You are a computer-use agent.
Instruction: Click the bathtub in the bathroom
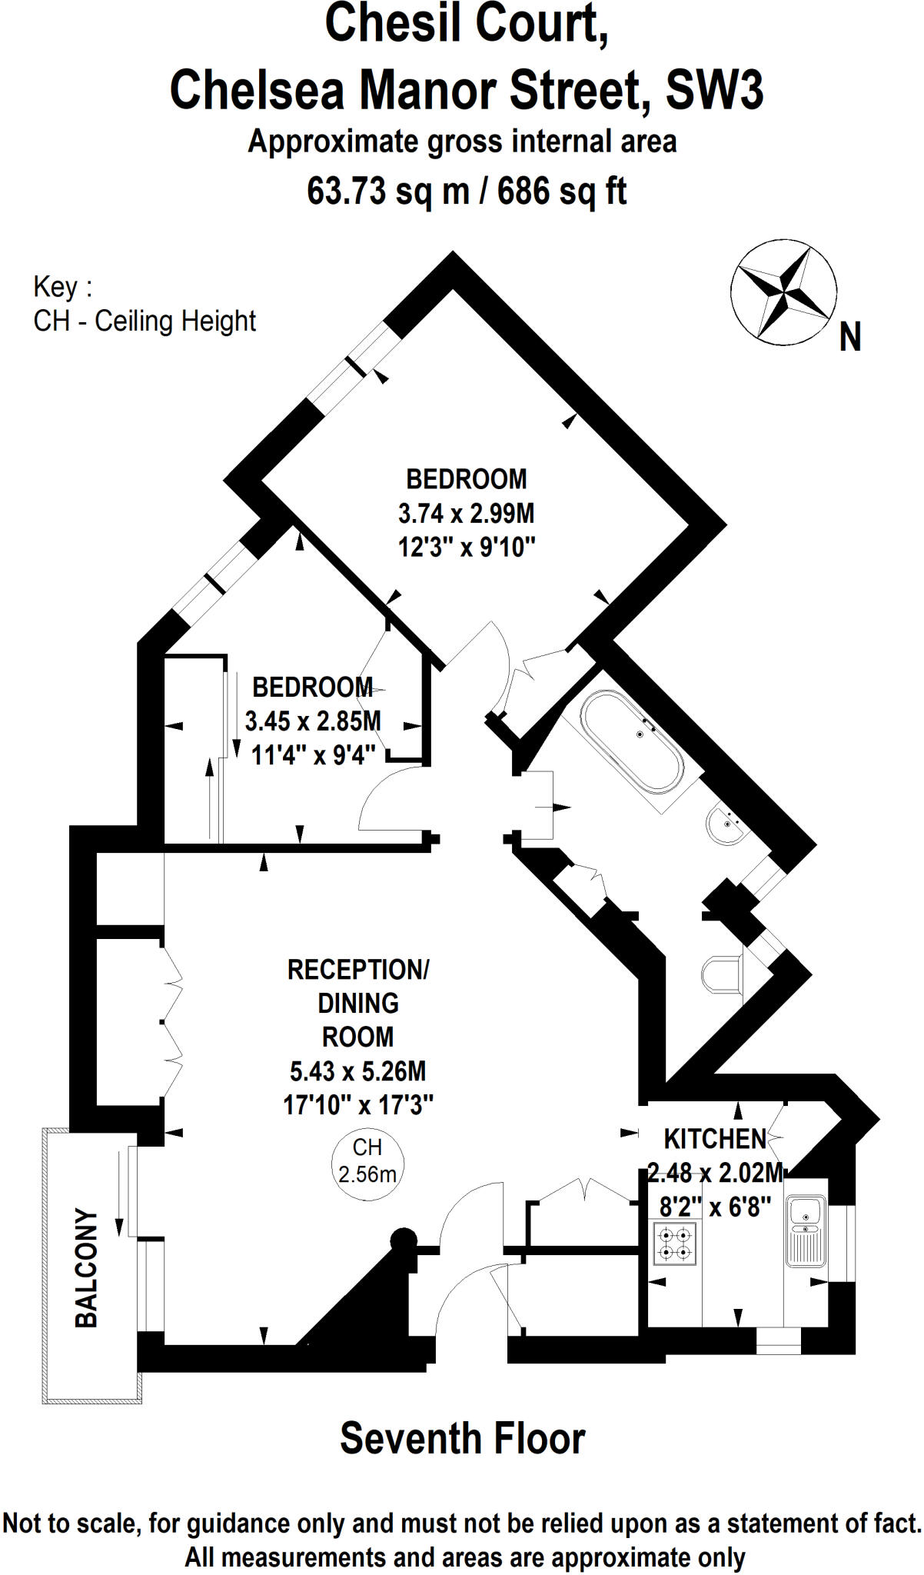click(x=632, y=741)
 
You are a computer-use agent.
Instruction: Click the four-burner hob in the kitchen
click(x=675, y=1244)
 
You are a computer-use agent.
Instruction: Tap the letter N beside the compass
click(x=849, y=337)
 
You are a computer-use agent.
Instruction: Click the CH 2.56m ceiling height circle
click(x=367, y=1160)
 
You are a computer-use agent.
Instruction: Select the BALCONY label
click(x=87, y=1268)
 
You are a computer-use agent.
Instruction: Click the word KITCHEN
click(x=715, y=1138)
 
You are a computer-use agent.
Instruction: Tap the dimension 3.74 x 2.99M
click(x=466, y=513)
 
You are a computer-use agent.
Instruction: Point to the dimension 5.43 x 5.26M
click(x=357, y=1071)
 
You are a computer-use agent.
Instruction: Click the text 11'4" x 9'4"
click(x=314, y=755)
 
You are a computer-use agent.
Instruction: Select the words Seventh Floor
click(x=462, y=1439)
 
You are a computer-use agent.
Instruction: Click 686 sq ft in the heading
click(x=562, y=191)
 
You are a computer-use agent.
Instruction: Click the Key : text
click(x=62, y=287)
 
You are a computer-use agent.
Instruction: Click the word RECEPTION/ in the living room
click(x=357, y=970)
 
